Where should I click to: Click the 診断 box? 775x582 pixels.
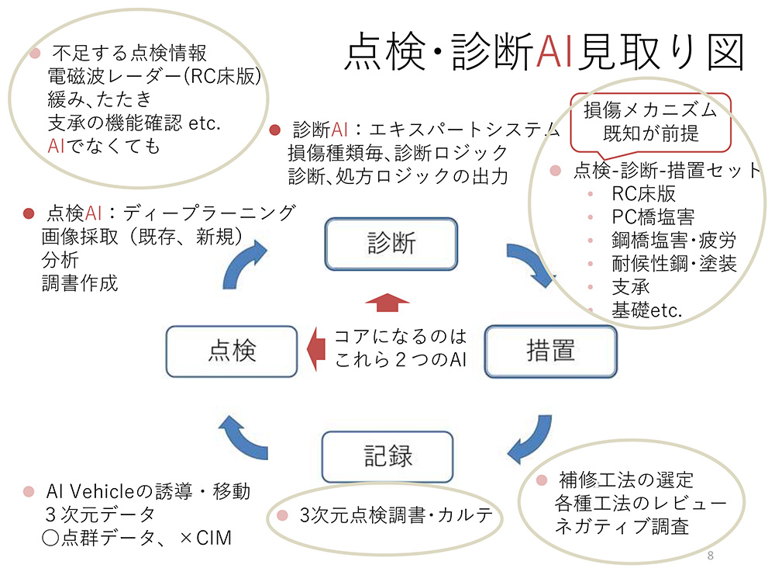(391, 244)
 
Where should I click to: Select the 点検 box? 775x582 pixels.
(232, 352)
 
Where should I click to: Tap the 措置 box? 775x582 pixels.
(550, 352)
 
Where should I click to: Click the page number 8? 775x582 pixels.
(711, 556)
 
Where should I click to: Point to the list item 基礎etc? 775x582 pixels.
(646, 311)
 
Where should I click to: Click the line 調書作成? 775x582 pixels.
(80, 283)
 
